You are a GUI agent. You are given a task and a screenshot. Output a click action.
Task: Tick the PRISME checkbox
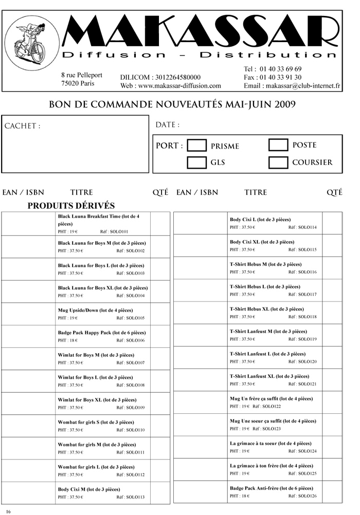(196, 145)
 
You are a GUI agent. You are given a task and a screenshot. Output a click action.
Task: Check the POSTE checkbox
(278, 144)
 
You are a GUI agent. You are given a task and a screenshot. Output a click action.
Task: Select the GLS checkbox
(196, 162)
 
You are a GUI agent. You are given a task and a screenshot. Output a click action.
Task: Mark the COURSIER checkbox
(278, 162)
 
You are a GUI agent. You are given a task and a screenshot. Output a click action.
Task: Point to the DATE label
(167, 125)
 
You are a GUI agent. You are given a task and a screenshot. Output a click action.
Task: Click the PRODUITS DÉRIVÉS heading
(70, 206)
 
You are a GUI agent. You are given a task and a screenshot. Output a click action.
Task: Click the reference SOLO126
(307, 495)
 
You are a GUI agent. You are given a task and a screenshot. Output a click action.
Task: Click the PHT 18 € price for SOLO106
(68, 340)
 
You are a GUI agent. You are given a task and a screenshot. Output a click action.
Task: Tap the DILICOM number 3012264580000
(176, 77)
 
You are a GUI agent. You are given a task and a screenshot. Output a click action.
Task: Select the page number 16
(8, 511)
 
